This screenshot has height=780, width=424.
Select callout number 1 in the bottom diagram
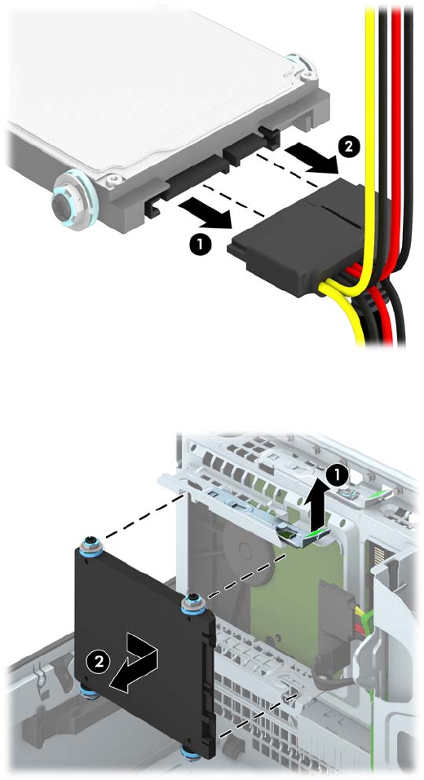click(337, 477)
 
